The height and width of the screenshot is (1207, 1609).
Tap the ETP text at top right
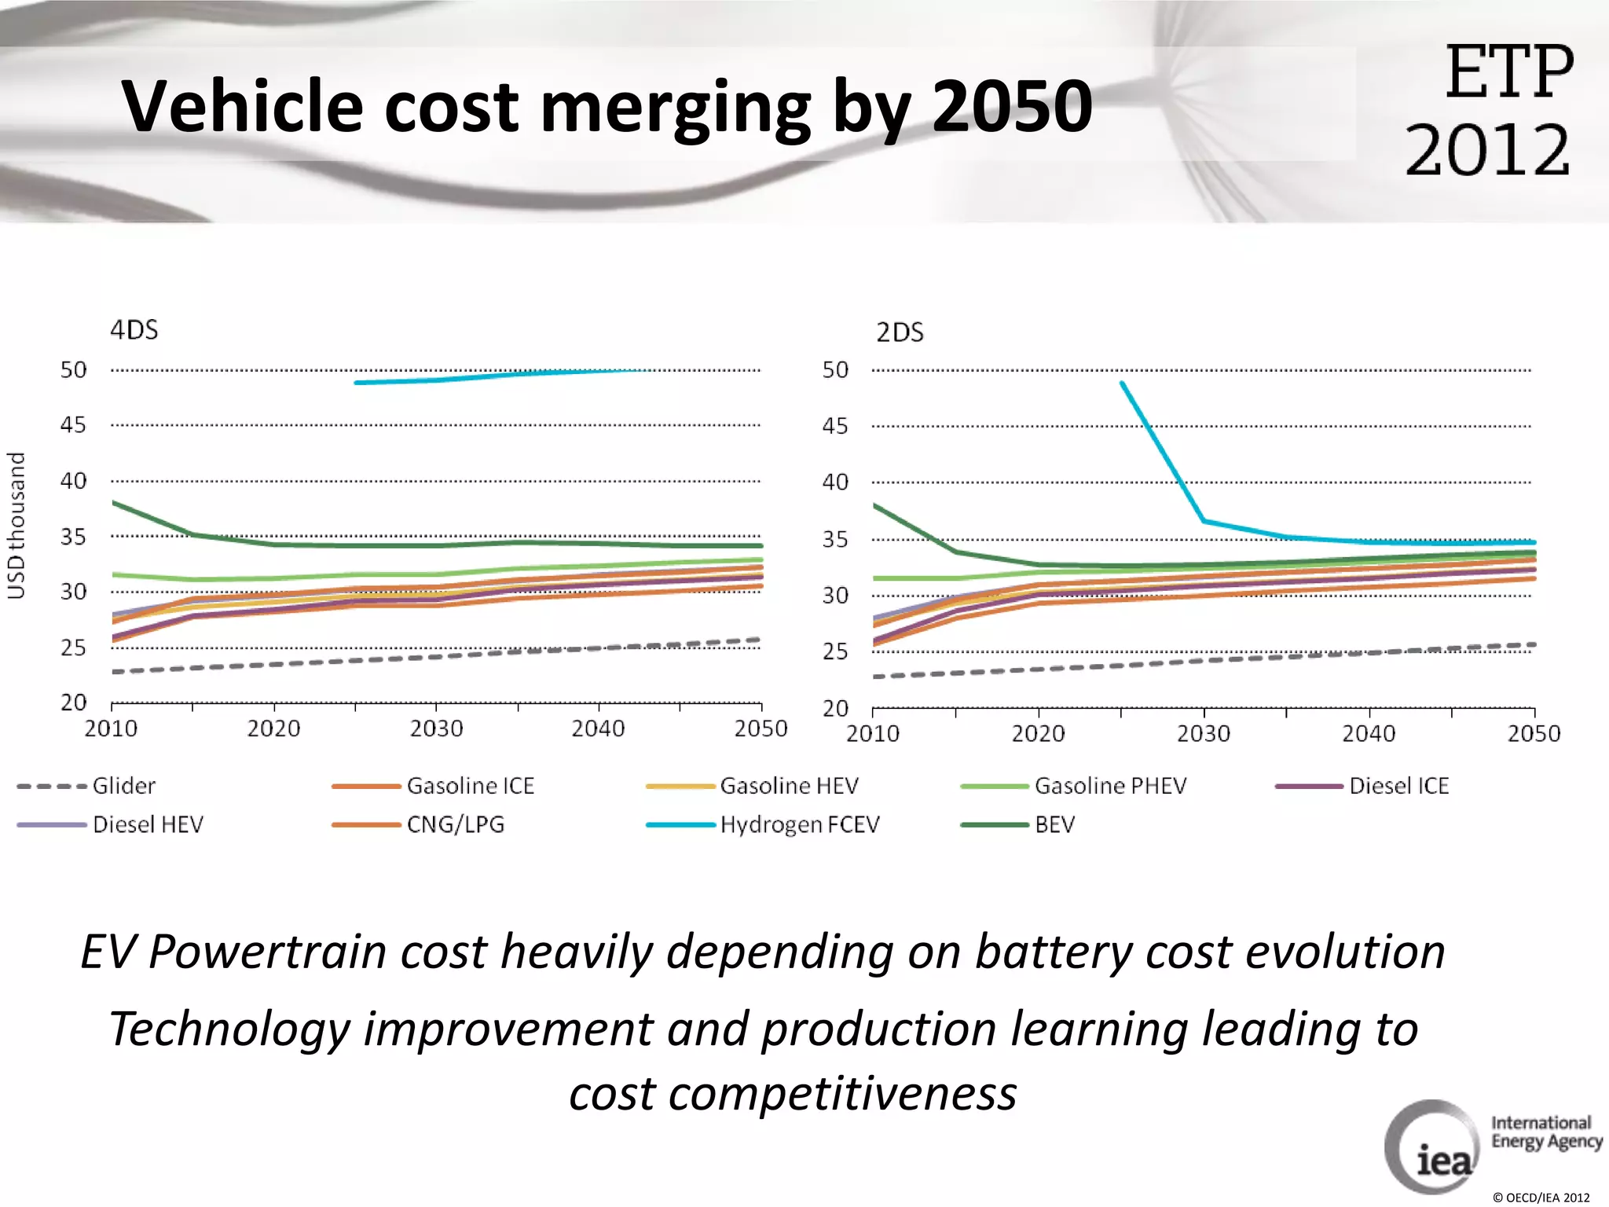[x=1508, y=72]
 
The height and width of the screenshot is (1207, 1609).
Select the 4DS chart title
[x=134, y=329]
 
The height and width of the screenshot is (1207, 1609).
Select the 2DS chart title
[x=900, y=332]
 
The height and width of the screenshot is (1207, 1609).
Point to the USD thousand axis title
[x=16, y=525]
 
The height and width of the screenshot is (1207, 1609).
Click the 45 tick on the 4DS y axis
[x=73, y=425]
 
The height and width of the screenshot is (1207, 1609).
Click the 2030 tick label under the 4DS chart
[x=436, y=729]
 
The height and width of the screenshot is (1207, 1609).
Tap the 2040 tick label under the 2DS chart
[x=1368, y=734]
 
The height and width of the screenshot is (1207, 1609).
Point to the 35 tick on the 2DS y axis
[x=835, y=539]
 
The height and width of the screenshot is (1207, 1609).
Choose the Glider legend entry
[x=123, y=786]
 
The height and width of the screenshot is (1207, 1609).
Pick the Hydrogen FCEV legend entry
[x=799, y=824]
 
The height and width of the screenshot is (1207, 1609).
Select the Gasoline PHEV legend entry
[x=1109, y=786]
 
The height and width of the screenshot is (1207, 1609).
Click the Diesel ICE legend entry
[x=1398, y=786]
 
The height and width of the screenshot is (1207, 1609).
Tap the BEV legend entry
[x=1054, y=824]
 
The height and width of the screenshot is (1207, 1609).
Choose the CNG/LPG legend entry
[x=455, y=824]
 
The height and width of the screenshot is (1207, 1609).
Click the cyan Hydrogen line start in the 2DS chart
[x=1123, y=383]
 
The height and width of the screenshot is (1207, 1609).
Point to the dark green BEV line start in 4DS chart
[x=115, y=503]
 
